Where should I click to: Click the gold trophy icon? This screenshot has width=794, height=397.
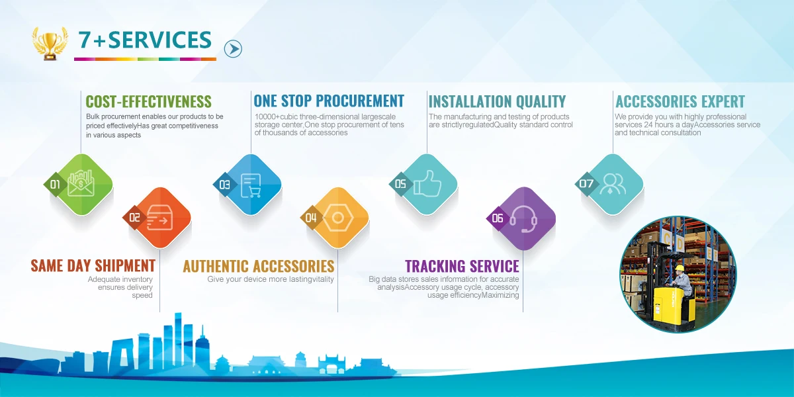50,43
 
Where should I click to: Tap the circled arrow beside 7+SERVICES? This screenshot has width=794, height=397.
233,49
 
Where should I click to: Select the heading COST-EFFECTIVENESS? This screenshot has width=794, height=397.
148,102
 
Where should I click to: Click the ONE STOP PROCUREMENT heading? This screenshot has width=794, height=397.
329,101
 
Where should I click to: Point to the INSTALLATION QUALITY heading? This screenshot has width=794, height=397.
497,102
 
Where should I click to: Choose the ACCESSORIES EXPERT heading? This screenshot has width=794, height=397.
680,102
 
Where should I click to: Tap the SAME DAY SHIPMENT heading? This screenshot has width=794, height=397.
93,266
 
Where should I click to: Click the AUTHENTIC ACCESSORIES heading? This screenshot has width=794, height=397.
259,266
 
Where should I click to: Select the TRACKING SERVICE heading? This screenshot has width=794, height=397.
462,266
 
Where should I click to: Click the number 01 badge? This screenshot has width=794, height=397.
55,185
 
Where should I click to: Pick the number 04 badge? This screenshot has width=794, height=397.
311,218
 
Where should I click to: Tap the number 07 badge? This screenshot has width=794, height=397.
586,184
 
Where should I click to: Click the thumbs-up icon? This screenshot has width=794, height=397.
427,183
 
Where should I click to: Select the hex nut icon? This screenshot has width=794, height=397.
338,218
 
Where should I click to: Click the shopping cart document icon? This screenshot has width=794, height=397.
251,185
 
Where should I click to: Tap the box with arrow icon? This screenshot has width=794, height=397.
160,218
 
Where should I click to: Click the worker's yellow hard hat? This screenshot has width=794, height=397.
679,268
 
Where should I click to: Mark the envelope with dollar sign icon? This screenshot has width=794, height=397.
81,183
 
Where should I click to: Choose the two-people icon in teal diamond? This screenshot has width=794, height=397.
613,184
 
